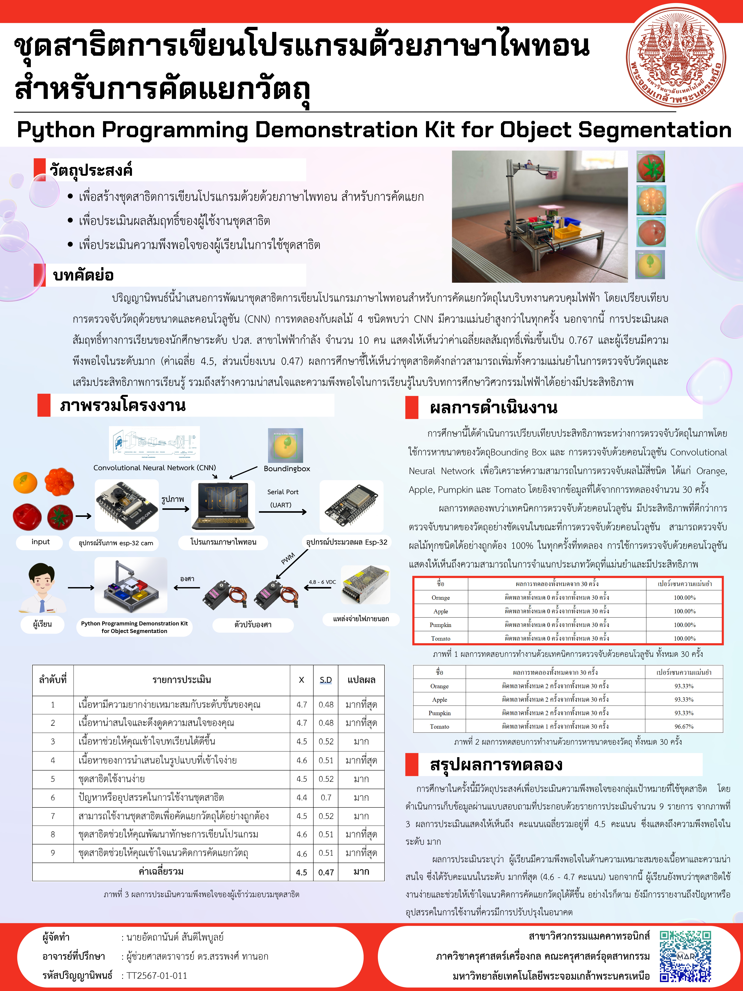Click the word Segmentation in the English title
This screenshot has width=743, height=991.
(655, 130)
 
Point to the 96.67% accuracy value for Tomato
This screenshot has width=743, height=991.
(684, 727)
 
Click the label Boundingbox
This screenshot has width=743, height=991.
(287, 469)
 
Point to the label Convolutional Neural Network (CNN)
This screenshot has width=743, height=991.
(155, 468)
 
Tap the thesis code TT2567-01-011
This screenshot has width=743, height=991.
(157, 975)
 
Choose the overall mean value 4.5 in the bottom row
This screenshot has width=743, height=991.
(301, 872)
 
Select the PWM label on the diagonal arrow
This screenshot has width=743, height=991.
(288, 558)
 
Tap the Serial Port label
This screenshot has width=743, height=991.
(283, 492)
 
